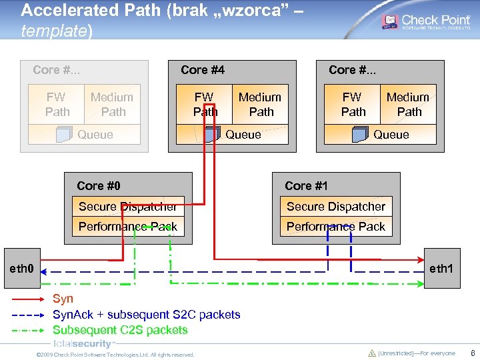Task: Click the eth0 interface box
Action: coord(23,269)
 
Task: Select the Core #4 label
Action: coord(203,70)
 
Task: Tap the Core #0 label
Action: coord(99,186)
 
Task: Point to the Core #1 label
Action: coord(307,186)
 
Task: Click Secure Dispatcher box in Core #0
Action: coord(127,207)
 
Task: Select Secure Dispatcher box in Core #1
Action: coord(336,207)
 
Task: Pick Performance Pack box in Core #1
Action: coord(336,227)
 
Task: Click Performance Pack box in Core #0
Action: coord(127,227)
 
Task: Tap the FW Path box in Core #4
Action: coord(204,104)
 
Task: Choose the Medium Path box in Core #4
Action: coord(260,104)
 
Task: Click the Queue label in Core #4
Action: coord(243,135)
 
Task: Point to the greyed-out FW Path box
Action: coord(57,104)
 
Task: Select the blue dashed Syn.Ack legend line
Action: coord(29,315)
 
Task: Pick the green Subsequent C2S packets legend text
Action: coord(120,330)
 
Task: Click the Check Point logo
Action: coord(426,22)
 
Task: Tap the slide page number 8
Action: coord(472,354)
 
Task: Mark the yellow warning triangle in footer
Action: coord(372,353)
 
